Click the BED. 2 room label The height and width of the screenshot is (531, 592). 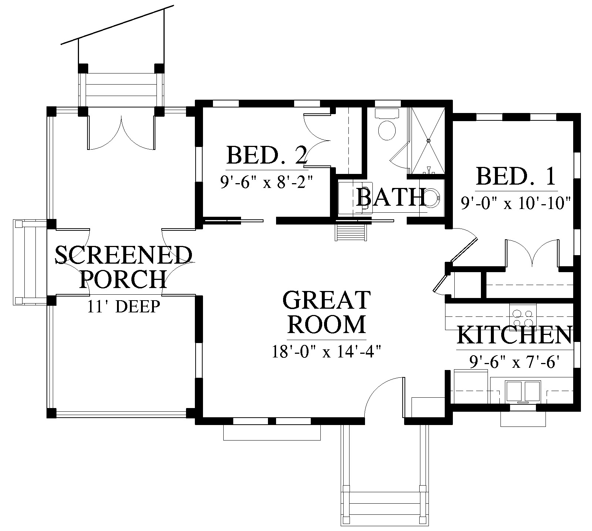coord(266,155)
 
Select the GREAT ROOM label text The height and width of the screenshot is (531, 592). coord(326,312)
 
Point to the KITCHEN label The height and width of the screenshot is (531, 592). coord(514,335)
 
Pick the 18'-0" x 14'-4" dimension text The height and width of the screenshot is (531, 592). coord(326,352)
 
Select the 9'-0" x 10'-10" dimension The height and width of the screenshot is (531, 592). coord(516,203)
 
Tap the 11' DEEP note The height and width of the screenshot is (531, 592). coord(124,306)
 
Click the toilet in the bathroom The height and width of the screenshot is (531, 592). coord(387,125)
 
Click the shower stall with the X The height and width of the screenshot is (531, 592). coord(428,140)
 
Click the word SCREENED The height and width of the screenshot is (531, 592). coord(124,255)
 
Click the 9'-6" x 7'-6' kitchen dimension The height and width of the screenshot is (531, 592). coord(514,362)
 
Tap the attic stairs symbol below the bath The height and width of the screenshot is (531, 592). coord(351,232)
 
